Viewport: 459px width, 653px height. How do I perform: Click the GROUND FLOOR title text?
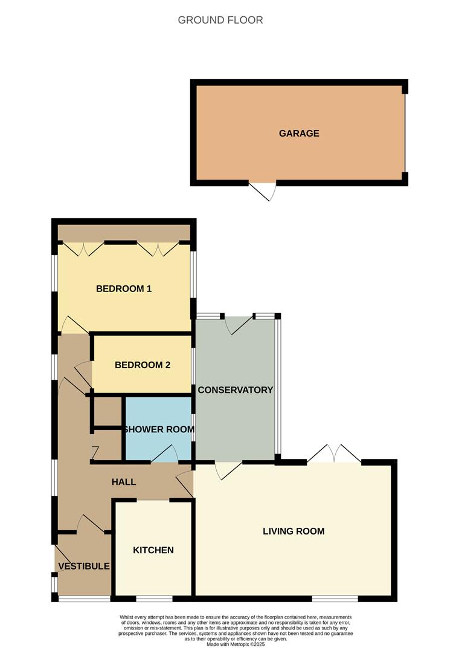(x=220, y=20)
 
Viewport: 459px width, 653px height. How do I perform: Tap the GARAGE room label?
(x=299, y=134)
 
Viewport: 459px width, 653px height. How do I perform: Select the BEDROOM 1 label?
(x=124, y=289)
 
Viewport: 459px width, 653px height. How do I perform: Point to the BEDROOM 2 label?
(x=143, y=365)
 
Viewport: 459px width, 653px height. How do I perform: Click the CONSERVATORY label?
(x=236, y=390)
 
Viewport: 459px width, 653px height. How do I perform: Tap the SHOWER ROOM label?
(x=159, y=429)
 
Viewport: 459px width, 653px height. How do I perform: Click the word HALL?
(x=124, y=482)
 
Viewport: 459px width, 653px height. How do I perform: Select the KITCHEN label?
(x=153, y=550)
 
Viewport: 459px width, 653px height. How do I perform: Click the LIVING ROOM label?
(x=294, y=531)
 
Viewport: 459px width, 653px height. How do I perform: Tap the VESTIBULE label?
(x=84, y=567)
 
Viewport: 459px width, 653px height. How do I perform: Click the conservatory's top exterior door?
(x=239, y=325)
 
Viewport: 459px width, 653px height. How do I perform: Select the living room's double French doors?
(x=334, y=454)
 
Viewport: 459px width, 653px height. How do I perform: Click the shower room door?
(x=164, y=455)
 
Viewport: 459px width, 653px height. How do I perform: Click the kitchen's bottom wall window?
(x=154, y=599)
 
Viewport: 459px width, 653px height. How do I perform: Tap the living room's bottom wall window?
(x=335, y=599)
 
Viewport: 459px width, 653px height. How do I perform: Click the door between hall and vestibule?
(x=91, y=524)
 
